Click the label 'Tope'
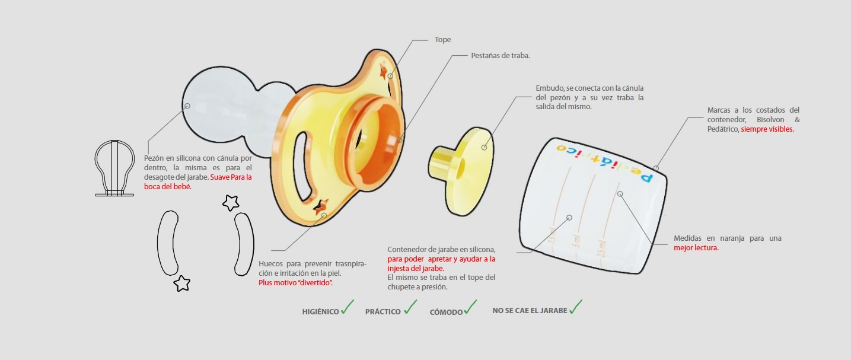[x=442, y=40]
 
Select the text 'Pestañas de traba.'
[x=501, y=56]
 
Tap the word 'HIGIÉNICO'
[x=320, y=312]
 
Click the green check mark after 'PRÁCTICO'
[x=410, y=307]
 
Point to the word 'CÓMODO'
[x=446, y=312]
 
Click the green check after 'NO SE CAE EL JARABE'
[x=576, y=307]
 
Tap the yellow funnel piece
[x=461, y=171]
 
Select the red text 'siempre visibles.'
[x=767, y=129]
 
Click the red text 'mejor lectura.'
[x=696, y=248]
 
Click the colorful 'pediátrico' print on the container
[x=605, y=163]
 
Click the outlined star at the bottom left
[x=181, y=283]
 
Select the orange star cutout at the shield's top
[x=383, y=71]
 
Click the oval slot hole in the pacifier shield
[x=303, y=166]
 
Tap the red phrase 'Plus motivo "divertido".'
[x=295, y=283]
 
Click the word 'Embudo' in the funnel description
[x=549, y=88]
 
